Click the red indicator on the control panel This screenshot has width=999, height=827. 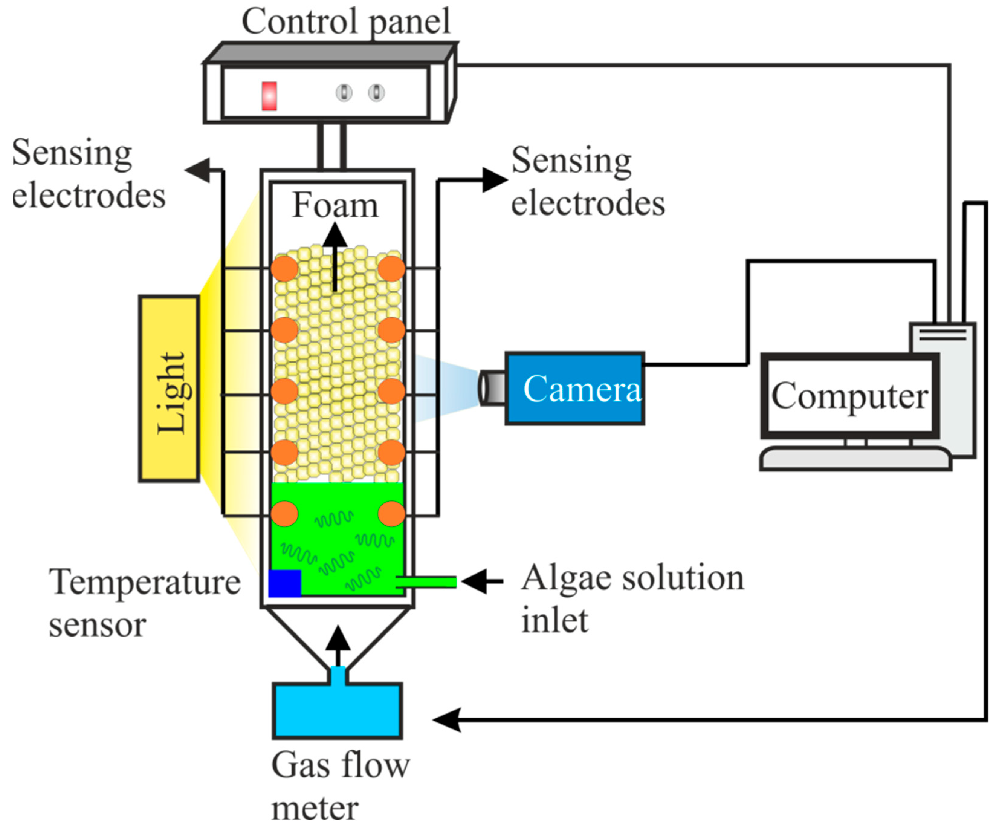(x=269, y=96)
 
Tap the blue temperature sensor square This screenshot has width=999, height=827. (x=284, y=583)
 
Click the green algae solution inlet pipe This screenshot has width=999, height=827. (x=427, y=581)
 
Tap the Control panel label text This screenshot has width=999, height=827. (x=346, y=21)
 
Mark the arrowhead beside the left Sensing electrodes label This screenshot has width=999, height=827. (x=197, y=170)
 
